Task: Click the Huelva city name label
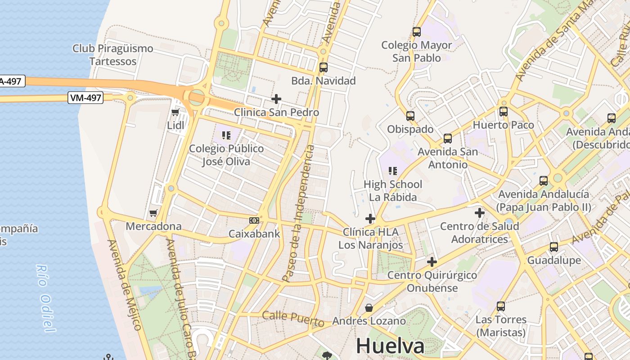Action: coord(390,346)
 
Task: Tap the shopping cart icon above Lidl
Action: coord(175,112)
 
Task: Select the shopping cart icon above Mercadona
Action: coord(153,213)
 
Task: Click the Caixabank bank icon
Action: coord(254,220)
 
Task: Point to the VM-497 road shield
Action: coord(85,98)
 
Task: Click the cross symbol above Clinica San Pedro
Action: coord(276,99)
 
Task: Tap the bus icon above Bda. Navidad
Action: coord(323,67)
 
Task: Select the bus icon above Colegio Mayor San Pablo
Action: coord(417,32)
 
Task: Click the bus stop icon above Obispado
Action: coord(410,116)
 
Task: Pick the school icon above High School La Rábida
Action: coord(393,171)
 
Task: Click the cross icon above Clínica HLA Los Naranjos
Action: coord(370,219)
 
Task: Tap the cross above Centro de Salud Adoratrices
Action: coord(480,212)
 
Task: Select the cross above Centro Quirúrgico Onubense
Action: coord(432,261)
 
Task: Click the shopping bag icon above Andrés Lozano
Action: coord(369,308)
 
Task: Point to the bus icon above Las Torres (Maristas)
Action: coord(501,306)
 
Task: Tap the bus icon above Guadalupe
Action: coord(554,247)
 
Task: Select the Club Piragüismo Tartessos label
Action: coord(112,55)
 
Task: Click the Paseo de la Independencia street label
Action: coord(298,213)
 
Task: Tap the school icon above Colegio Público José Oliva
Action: coord(226,135)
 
